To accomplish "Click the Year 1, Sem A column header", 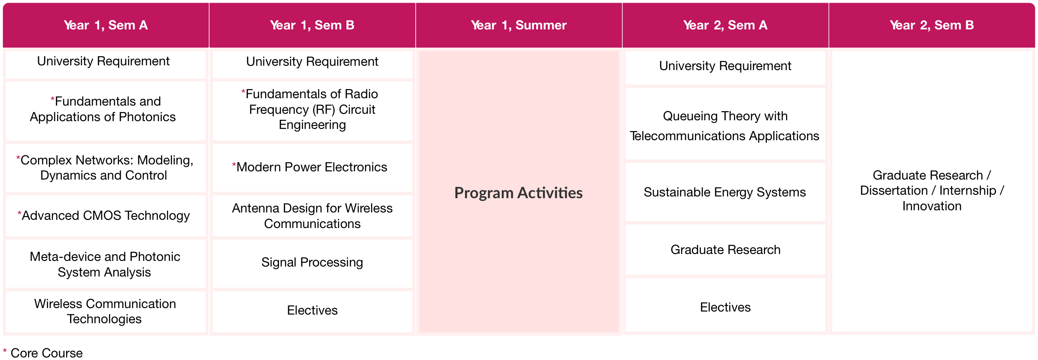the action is coord(106,25).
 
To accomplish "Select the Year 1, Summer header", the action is coord(519,25).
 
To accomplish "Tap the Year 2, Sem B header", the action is coord(932,25).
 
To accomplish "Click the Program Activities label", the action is coord(519,193).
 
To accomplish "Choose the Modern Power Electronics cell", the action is coord(312,167).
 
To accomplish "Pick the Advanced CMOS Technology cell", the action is coord(106,215).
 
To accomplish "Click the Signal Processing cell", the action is coord(312,263).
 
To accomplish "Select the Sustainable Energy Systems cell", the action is coord(725,192).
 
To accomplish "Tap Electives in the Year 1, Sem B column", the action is coord(312,311).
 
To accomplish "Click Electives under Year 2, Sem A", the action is coord(725,307).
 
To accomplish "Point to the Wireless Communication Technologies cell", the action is coord(106,311).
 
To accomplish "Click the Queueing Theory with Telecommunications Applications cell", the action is coord(725,125).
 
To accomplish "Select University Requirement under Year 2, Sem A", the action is coord(725,66).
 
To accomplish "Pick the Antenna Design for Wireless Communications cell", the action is coord(312,216).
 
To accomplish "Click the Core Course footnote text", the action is coord(47,353).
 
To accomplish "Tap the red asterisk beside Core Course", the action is coord(5,350).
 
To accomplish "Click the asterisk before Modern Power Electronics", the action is coord(234,164).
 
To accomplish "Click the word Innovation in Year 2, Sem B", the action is coord(932,206).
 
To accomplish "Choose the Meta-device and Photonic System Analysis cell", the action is coord(106,264).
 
